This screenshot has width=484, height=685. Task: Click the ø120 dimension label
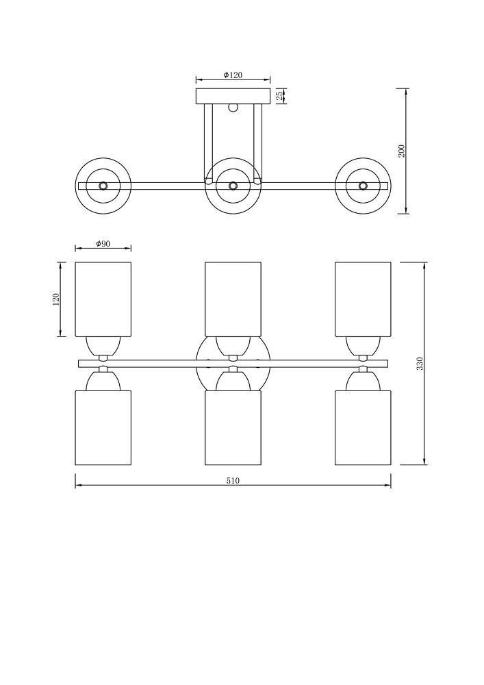point(233,75)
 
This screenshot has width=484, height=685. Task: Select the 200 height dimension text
point(402,151)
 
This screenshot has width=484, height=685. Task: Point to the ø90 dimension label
point(103,243)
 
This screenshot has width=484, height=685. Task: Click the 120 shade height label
point(56,300)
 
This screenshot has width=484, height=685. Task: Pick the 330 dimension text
point(420,364)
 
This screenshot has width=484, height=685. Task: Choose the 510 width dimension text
point(233,481)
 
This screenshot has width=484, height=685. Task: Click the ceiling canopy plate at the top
point(233,96)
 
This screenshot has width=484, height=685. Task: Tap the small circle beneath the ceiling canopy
point(233,107)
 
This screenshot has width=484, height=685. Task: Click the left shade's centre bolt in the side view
point(103,186)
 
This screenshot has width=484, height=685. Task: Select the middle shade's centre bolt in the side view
point(233,186)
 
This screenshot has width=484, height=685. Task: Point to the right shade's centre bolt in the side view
point(363,186)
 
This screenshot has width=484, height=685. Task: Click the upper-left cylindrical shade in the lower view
point(103,299)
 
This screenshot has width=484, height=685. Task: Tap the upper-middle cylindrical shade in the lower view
point(233,299)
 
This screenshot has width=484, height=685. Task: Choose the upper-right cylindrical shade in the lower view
point(363,299)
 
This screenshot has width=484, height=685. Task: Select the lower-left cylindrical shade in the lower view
point(103,427)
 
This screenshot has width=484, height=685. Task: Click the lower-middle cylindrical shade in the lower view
point(233,427)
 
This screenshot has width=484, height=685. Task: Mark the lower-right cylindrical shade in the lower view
point(363,427)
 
